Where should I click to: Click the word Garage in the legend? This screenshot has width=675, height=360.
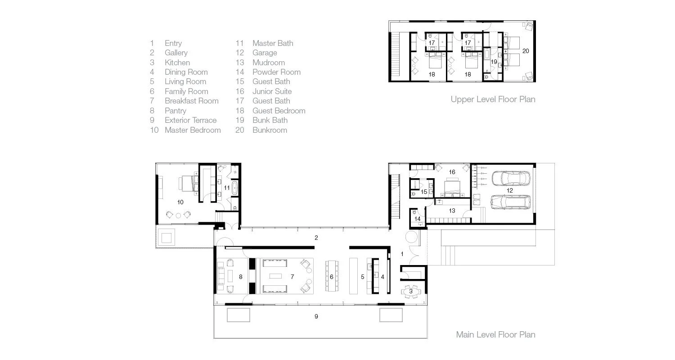click(265, 53)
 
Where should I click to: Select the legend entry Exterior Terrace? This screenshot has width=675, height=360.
click(190, 120)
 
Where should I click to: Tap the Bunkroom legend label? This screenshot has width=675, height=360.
click(270, 130)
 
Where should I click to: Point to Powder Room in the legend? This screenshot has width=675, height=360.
click(276, 72)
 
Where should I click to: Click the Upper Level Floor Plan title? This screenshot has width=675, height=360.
click(493, 99)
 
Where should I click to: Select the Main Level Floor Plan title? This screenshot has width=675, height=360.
click(495, 334)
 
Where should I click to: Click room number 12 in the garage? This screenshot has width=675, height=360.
click(509, 190)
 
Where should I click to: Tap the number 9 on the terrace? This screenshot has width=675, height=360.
click(316, 316)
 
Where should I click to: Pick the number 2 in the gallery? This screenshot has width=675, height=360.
click(316, 238)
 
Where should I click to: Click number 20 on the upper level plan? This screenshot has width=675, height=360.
click(526, 51)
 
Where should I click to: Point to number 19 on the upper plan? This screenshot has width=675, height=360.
click(494, 62)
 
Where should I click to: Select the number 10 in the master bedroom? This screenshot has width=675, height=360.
click(180, 202)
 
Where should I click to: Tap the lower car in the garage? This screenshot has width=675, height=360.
click(510, 202)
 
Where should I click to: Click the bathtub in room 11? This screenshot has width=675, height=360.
click(235, 188)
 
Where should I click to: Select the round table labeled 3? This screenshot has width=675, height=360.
click(411, 292)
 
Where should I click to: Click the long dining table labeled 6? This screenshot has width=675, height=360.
click(332, 276)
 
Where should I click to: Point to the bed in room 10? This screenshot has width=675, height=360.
click(189, 184)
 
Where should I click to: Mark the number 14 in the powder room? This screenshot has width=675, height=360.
click(417, 219)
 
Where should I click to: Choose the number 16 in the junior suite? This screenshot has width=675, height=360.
click(452, 172)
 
